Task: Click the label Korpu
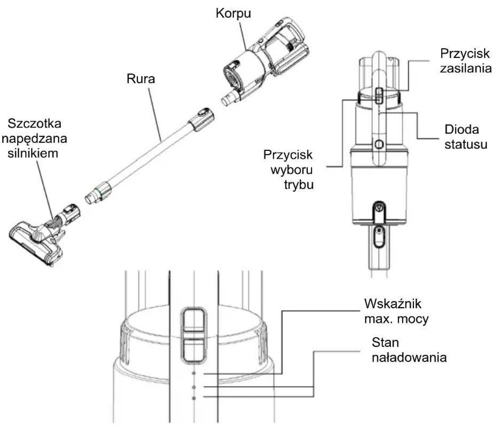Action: tap(233, 13)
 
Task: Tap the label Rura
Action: tap(141, 79)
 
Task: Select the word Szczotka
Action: tap(34, 124)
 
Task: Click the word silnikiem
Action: tap(33, 153)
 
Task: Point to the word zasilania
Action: tap(466, 68)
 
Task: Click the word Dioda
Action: tap(462, 130)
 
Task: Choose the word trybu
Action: tap(299, 185)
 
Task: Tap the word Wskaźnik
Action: tap(393, 304)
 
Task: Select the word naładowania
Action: tap(409, 358)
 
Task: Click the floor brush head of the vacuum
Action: tap(36, 243)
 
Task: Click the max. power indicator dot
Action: tap(194, 373)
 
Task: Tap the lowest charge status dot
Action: tap(194, 398)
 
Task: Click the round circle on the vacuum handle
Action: tap(379, 144)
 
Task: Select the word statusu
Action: tap(466, 144)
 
